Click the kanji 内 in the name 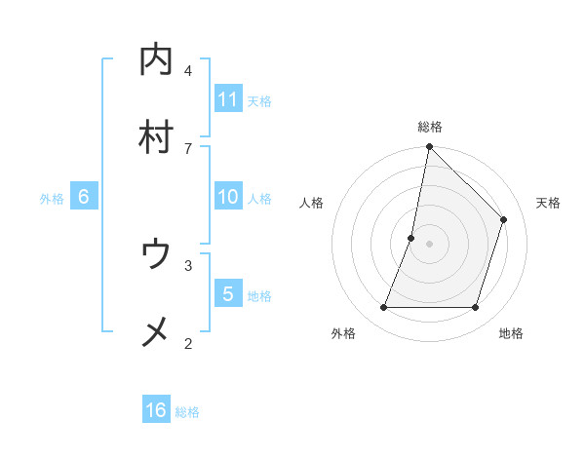[x=156, y=60]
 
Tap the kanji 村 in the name [x=156, y=136]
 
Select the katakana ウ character [x=156, y=254]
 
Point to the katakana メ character [x=156, y=332]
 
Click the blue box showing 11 [x=228, y=99]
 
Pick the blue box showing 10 [x=228, y=197]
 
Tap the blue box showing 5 [x=228, y=293]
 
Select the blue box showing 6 [x=84, y=197]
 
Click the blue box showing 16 [x=156, y=410]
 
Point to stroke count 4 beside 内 [x=188, y=70]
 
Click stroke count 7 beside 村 [x=188, y=148]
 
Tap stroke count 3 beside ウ [x=188, y=264]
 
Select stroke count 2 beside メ [x=188, y=342]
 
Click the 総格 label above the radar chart [x=430, y=127]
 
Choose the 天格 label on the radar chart [x=548, y=203]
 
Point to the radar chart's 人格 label [x=312, y=203]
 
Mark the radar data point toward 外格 [x=384, y=308]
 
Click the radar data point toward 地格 [x=476, y=308]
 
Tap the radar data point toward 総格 [x=430, y=148]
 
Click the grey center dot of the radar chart [x=430, y=244]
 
